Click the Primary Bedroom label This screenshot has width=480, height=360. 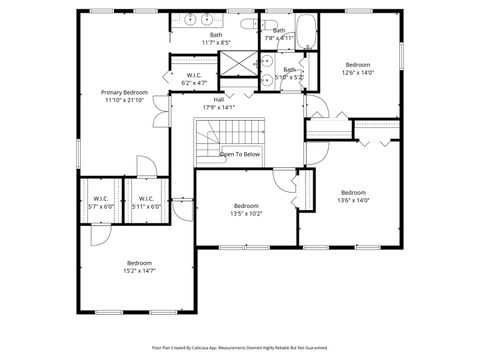(124, 96)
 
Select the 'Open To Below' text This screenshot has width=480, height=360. (240, 154)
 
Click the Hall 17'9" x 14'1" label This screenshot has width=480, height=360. (218, 103)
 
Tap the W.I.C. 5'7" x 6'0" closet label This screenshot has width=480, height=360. (101, 202)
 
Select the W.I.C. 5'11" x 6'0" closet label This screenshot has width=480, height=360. (146, 202)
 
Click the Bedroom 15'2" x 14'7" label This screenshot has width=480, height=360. (139, 266)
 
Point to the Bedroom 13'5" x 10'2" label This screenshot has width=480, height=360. (246, 209)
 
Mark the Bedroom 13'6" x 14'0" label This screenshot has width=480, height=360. (353, 196)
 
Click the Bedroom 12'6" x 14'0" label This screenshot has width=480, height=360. (357, 67)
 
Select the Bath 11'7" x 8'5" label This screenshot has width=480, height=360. (216, 39)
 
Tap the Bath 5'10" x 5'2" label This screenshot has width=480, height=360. (289, 72)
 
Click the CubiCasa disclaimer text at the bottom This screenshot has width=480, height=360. (240, 347)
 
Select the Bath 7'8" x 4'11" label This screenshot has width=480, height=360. (279, 33)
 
